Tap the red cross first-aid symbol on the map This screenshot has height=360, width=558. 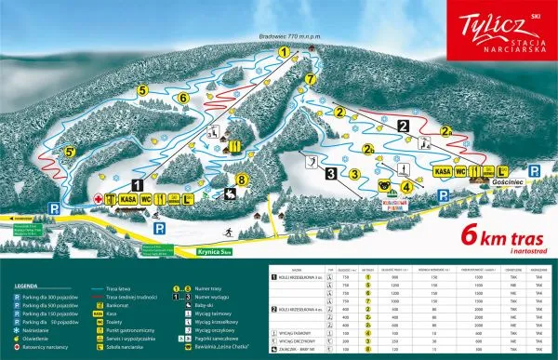98,198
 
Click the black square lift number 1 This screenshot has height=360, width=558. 137,184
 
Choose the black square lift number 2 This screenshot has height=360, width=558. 403,125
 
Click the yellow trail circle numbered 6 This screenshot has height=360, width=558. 183,97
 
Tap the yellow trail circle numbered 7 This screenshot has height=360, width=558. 310,79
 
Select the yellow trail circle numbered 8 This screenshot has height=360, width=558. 243,179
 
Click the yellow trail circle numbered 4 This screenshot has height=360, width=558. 406,184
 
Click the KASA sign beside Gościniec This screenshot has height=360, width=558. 444,171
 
